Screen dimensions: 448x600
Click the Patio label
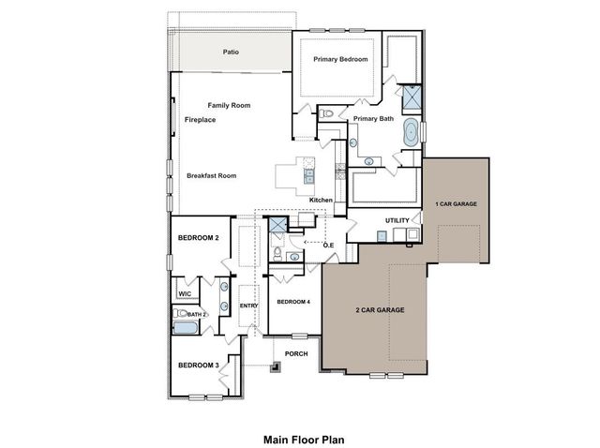(x=230, y=52)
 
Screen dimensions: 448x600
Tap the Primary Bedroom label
(x=340, y=60)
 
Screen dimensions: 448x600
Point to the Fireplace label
(x=201, y=121)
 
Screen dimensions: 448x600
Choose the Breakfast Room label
(x=211, y=175)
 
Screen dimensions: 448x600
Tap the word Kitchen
(x=322, y=200)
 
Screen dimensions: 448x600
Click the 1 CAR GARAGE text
(x=456, y=203)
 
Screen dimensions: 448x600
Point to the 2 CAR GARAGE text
(x=381, y=309)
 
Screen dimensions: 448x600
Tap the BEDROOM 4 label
(x=293, y=301)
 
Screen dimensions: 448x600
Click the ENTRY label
(x=248, y=306)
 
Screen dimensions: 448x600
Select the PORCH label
(x=297, y=354)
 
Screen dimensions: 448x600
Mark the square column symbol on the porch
(x=276, y=366)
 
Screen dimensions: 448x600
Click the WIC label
(x=185, y=293)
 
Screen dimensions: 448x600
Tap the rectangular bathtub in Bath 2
(x=186, y=328)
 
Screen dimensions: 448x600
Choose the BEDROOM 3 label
(x=198, y=365)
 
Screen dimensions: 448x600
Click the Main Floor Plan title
(x=299, y=438)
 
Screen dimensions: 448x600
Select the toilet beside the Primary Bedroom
(x=325, y=114)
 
